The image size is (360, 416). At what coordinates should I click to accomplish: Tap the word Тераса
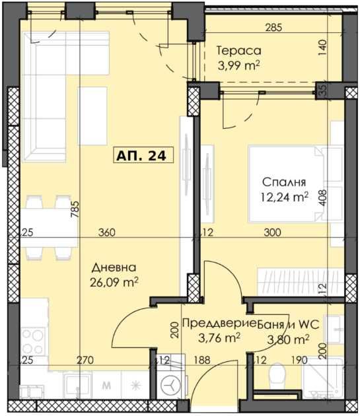point(239,51)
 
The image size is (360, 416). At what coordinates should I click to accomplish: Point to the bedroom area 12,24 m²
point(284,195)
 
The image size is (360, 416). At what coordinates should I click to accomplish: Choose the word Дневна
point(114,267)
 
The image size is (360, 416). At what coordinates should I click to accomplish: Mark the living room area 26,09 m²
point(114,282)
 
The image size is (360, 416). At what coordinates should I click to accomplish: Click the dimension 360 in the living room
point(107,232)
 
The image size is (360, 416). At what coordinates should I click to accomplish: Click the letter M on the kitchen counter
point(106,384)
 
